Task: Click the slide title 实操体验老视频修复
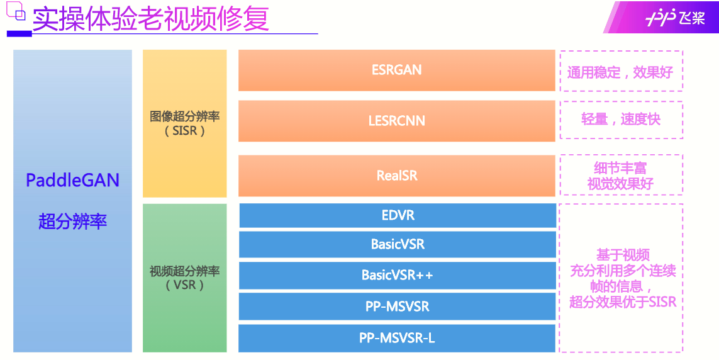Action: pyautogui.click(x=151, y=19)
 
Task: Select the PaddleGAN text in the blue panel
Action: pyautogui.click(x=72, y=181)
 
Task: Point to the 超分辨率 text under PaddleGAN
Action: pyautogui.click(x=72, y=222)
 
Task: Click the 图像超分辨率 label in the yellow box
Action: pyautogui.click(x=185, y=116)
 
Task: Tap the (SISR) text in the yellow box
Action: pyautogui.click(x=185, y=131)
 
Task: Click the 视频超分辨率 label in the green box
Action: pyautogui.click(x=185, y=271)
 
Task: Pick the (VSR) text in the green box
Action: pyautogui.click(x=185, y=285)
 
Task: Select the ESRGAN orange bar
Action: pyautogui.click(x=396, y=70)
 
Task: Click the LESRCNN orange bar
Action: pyautogui.click(x=396, y=120)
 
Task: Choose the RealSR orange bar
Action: pyautogui.click(x=396, y=176)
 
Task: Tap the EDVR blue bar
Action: pyautogui.click(x=398, y=215)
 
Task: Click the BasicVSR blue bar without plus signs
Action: pyautogui.click(x=398, y=244)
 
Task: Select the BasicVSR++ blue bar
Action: pyautogui.click(x=398, y=275)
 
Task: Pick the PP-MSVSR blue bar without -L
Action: pyautogui.click(x=398, y=307)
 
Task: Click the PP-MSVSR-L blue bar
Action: pyautogui.click(x=398, y=338)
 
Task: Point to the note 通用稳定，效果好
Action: pyautogui.click(x=620, y=72)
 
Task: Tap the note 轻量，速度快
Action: pyautogui.click(x=620, y=120)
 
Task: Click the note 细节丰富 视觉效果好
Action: pyautogui.click(x=620, y=176)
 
